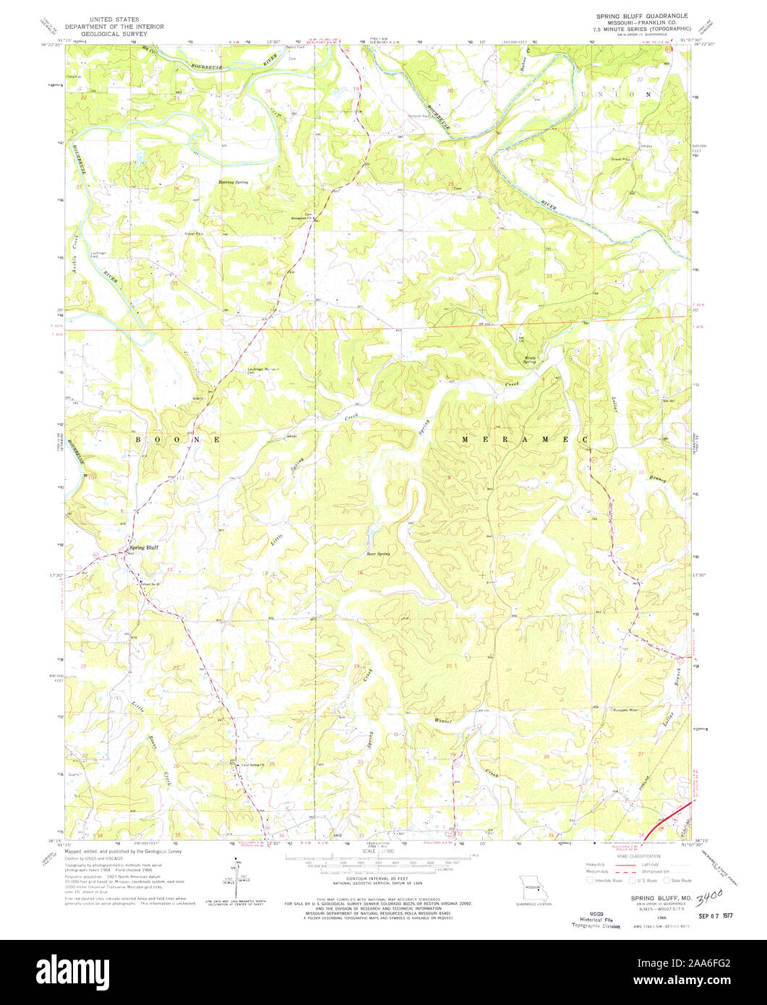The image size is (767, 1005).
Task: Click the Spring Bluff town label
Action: coord(143,547)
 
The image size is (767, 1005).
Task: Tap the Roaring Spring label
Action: coord(233,182)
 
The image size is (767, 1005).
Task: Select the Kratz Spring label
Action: coord(531,361)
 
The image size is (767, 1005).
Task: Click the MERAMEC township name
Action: coord(526,440)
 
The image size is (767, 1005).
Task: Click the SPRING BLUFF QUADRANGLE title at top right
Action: coord(640,15)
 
